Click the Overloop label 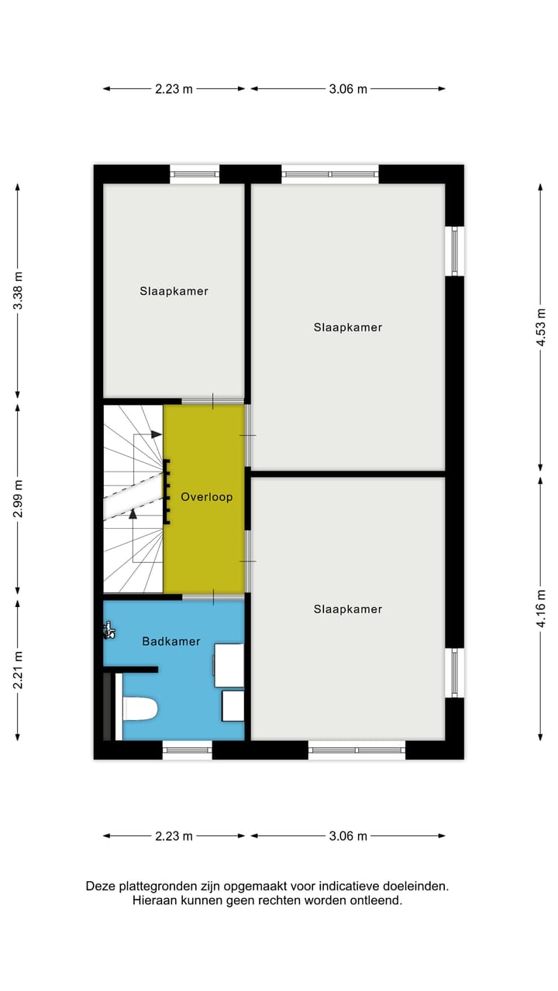click(x=206, y=497)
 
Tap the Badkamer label click(x=171, y=641)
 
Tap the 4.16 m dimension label click(x=541, y=609)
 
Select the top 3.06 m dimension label click(x=348, y=89)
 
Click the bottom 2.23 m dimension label click(x=174, y=836)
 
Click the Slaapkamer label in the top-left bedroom click(x=174, y=291)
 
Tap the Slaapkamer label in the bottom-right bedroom click(x=348, y=609)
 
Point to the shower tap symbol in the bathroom click(x=108, y=632)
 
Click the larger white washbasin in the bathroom click(x=229, y=665)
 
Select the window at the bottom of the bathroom click(x=187, y=749)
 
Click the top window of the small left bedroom click(x=195, y=174)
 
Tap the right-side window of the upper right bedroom click(x=454, y=251)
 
